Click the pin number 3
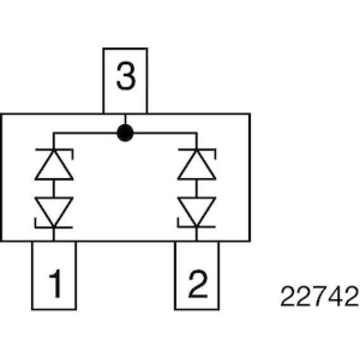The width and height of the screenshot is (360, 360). click(126, 75)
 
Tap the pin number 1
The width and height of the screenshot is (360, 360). click(56, 283)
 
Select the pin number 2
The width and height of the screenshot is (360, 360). click(198, 283)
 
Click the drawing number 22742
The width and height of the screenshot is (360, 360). click(319, 296)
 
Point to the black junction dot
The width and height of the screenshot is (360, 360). click(125, 133)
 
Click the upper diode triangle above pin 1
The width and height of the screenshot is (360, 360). click(54, 165)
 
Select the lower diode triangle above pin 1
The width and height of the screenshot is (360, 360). click(54, 212)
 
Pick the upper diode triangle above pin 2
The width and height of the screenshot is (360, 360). click(196, 165)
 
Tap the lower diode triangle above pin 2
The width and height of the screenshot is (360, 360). click(196, 212)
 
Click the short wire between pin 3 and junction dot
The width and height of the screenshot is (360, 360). click(125, 119)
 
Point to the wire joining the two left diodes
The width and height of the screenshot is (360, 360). click(54, 189)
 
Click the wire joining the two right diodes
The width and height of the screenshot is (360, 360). click(196, 189)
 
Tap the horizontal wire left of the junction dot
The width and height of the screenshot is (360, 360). click(85, 133)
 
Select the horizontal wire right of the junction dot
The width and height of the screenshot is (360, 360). click(165, 133)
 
